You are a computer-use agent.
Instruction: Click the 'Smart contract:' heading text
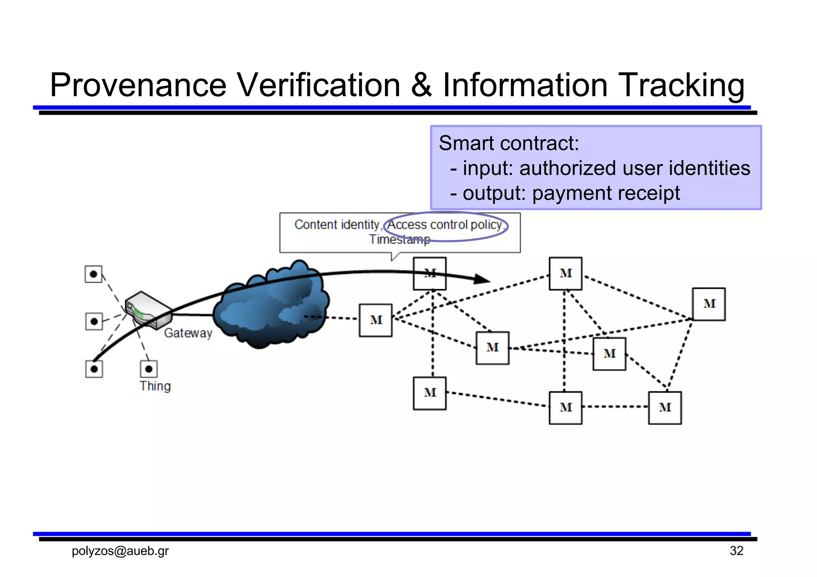(x=509, y=143)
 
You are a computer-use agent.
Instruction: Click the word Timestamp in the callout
(x=400, y=239)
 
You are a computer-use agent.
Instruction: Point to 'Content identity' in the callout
(x=336, y=225)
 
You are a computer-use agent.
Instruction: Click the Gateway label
(x=188, y=333)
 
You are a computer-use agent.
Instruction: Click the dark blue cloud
(x=271, y=305)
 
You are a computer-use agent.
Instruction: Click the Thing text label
(x=155, y=386)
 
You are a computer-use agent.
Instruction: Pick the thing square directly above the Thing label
(x=149, y=369)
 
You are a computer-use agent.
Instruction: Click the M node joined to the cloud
(x=375, y=320)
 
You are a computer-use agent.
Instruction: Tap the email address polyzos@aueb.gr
(x=120, y=551)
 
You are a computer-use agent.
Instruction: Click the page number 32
(x=736, y=551)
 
